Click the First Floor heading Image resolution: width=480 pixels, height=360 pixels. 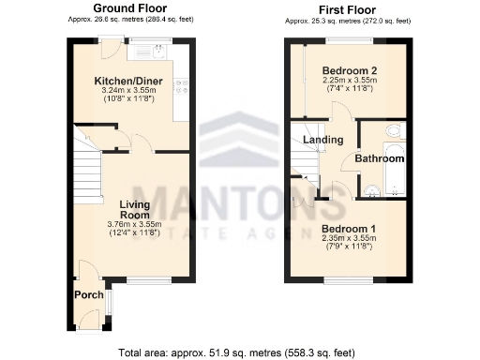tap(347, 8)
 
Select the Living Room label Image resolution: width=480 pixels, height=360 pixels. tap(135, 209)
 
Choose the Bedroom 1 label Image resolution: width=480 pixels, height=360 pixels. tap(349, 228)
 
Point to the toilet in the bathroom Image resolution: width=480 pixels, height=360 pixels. tap(394, 130)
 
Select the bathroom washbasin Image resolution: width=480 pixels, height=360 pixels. tap(372, 191)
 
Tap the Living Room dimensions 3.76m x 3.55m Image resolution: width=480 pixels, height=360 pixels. tap(135, 224)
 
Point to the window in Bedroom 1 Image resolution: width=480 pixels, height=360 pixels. tap(349, 278)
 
